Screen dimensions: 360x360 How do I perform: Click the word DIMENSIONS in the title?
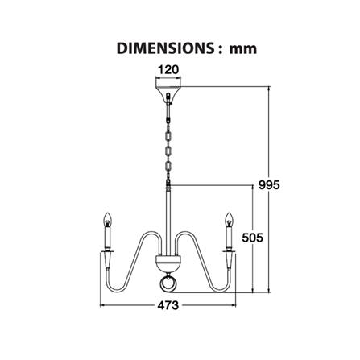coord(165,48)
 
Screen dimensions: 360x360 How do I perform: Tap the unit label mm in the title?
coord(243,49)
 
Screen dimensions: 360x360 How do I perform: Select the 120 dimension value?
coord(168,70)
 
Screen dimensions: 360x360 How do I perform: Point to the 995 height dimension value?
coord(269,185)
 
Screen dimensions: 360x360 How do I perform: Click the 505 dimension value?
coord(252,238)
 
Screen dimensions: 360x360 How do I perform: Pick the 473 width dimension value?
coord(168,305)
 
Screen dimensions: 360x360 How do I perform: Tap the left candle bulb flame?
coord(108,220)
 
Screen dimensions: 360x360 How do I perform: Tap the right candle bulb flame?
coord(229,220)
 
